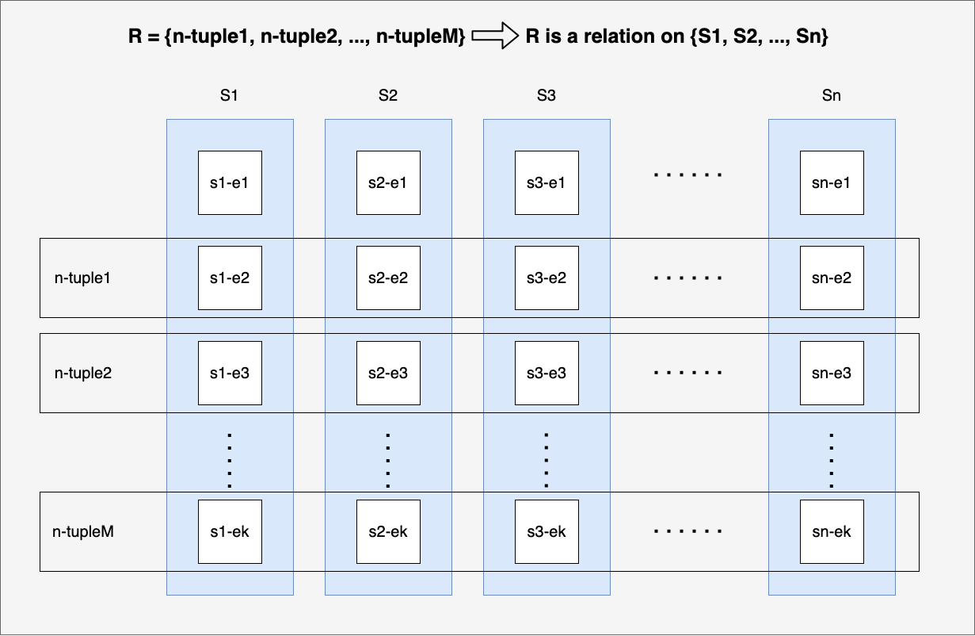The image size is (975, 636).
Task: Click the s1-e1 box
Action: point(230,182)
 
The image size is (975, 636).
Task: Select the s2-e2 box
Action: point(388,278)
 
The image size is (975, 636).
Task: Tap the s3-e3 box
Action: point(547,373)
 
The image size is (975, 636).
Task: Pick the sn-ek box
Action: point(832,531)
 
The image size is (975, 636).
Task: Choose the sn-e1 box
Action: point(832,182)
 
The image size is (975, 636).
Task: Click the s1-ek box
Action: point(230,531)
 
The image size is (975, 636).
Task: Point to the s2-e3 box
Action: point(388,373)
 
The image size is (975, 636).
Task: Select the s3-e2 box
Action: point(547,278)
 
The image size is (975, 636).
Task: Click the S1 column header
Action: point(229,95)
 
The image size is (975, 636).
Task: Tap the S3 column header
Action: point(547,95)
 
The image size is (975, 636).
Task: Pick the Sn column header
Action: point(832,95)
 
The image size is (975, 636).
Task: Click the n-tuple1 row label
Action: point(82,278)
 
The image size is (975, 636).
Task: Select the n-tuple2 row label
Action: point(83,373)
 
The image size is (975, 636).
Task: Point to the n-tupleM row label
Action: point(83,531)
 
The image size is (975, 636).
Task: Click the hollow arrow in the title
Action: point(495,36)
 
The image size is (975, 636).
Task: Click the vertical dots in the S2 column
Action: point(388,460)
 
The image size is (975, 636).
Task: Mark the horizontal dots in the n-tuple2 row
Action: point(688,373)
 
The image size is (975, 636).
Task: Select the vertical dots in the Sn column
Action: point(832,460)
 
